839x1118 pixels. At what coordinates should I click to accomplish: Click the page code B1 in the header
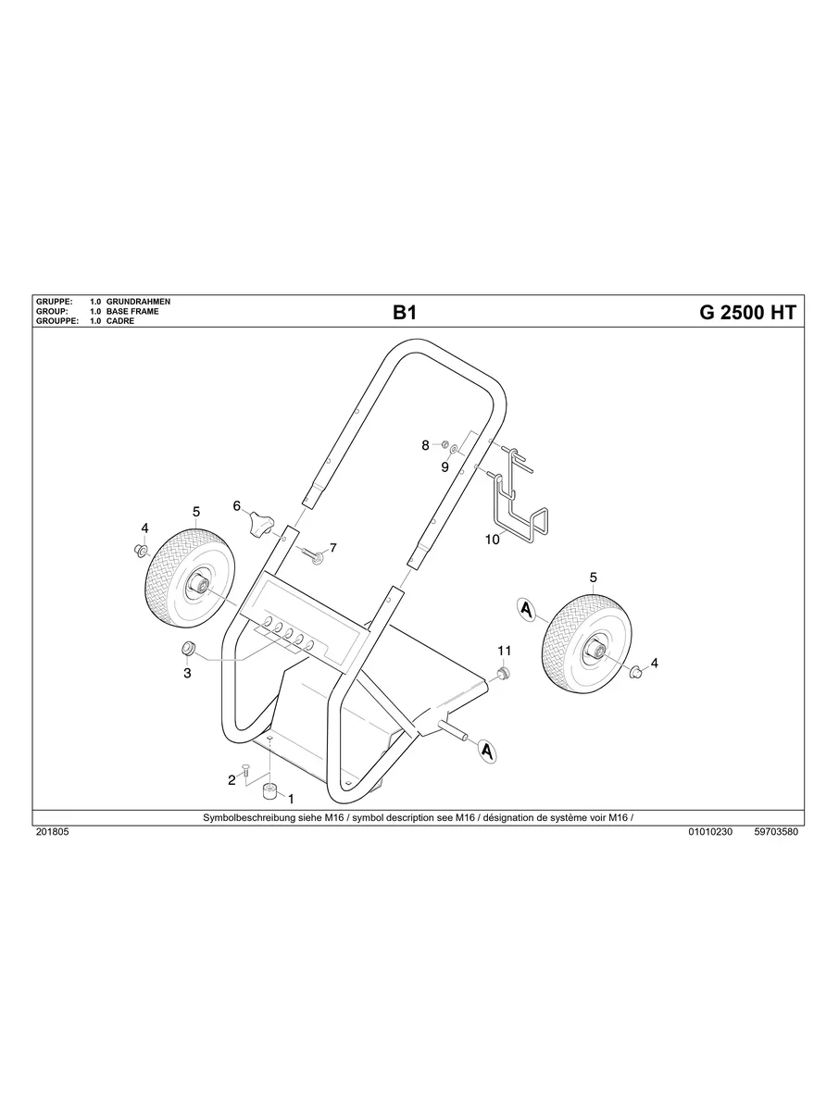point(405,313)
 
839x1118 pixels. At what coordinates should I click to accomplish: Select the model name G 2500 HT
point(746,313)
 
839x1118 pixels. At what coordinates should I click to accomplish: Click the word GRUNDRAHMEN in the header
point(139,303)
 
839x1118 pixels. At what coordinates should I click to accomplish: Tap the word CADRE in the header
point(120,321)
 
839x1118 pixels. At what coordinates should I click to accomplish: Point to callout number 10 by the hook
point(492,540)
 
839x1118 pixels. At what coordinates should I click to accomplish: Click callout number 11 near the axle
point(505,650)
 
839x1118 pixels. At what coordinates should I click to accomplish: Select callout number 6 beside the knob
point(237,506)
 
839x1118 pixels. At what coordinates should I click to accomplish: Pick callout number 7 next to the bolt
point(332,548)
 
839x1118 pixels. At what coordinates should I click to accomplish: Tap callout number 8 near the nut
point(426,445)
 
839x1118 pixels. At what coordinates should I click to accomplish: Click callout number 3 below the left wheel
point(187,673)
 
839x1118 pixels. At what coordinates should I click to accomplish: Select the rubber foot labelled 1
point(271,789)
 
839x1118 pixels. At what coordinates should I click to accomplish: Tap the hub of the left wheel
point(199,583)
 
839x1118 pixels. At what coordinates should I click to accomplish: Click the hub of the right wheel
point(593,652)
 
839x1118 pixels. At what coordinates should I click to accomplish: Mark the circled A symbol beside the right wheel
point(527,610)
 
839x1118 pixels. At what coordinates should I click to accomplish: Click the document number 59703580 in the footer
point(776,832)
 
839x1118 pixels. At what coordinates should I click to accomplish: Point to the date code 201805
point(52,832)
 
